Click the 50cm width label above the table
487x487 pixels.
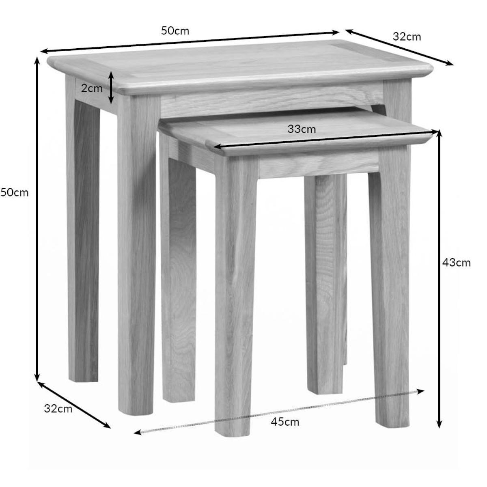175,31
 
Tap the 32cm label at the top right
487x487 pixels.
407,37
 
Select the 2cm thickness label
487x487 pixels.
92,88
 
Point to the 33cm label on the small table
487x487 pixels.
302,129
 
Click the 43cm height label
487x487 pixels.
457,263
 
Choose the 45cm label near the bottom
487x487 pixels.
285,422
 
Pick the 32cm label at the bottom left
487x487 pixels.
58,409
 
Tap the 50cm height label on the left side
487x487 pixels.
14,193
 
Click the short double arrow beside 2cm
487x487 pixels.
111,88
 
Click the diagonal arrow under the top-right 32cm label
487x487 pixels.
399,47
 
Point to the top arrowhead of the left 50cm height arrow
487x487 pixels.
37,60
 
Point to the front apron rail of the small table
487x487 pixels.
319,164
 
